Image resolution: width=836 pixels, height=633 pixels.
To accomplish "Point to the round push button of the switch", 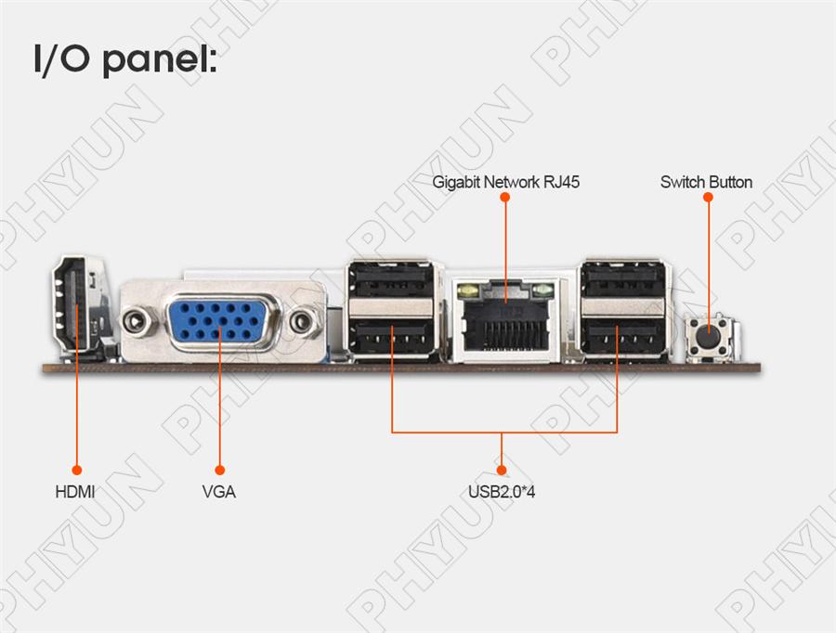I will (x=709, y=336).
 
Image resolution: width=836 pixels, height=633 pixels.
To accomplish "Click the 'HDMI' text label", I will (x=75, y=492).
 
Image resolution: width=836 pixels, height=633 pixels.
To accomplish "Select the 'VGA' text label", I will (x=219, y=492).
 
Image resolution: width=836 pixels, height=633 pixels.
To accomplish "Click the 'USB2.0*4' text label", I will (x=502, y=492).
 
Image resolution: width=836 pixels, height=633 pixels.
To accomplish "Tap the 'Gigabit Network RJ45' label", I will (x=506, y=182).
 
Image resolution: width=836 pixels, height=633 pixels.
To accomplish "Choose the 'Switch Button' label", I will (x=706, y=182).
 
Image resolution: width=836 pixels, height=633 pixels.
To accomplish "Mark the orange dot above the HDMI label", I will (x=76, y=471).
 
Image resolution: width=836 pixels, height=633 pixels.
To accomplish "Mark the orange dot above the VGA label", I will (x=220, y=471).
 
